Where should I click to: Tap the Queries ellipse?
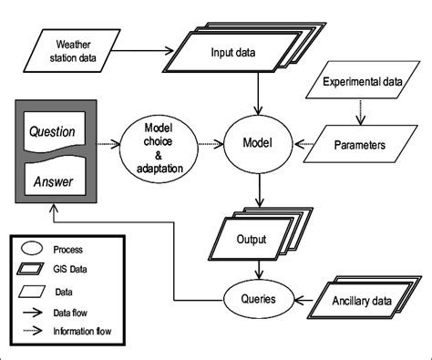[263, 297]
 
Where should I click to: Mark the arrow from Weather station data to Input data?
[150, 49]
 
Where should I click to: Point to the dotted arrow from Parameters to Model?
[305, 143]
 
